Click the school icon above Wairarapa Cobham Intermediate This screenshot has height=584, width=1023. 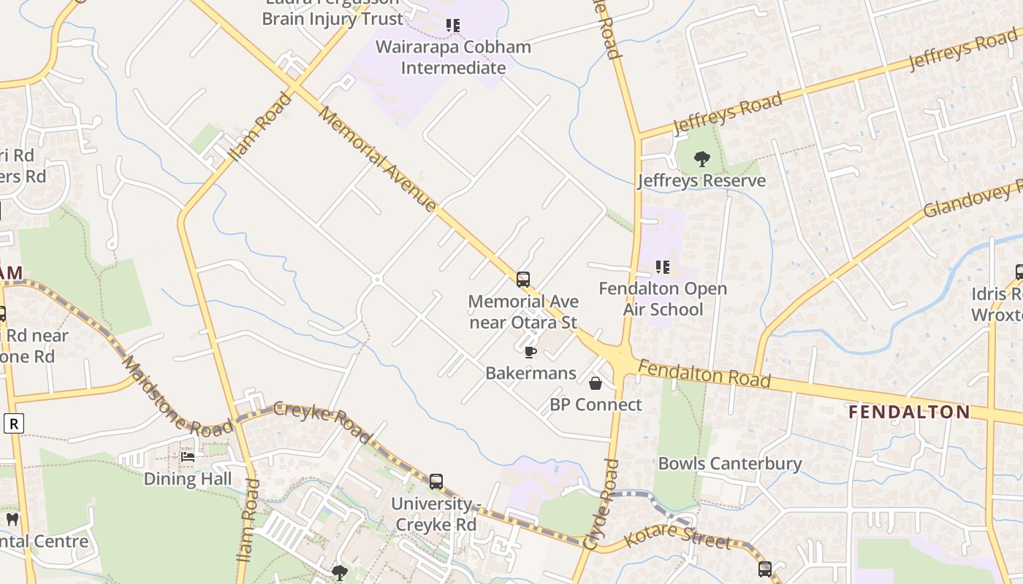click(x=453, y=26)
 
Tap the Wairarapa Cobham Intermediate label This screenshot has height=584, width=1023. click(x=453, y=57)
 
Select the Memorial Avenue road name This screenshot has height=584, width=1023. click(x=378, y=160)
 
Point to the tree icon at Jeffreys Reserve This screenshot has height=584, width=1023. click(x=701, y=158)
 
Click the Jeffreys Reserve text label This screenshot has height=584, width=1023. click(x=701, y=180)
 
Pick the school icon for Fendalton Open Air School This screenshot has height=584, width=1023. click(x=663, y=267)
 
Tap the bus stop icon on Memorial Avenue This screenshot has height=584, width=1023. click(x=523, y=279)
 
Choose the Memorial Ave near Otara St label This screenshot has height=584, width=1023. click(x=523, y=312)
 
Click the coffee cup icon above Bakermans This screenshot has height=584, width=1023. click(x=530, y=353)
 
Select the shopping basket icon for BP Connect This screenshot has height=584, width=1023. click(x=596, y=383)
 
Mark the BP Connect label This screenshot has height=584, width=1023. click(x=596, y=404)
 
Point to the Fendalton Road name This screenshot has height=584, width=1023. click(x=704, y=373)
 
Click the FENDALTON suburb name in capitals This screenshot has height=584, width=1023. click(x=909, y=412)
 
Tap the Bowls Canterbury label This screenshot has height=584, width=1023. click(x=730, y=464)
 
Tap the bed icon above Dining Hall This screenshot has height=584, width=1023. click(x=188, y=457)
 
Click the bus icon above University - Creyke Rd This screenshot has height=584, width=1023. click(x=436, y=482)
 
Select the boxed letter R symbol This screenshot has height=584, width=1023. click(x=13, y=423)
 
